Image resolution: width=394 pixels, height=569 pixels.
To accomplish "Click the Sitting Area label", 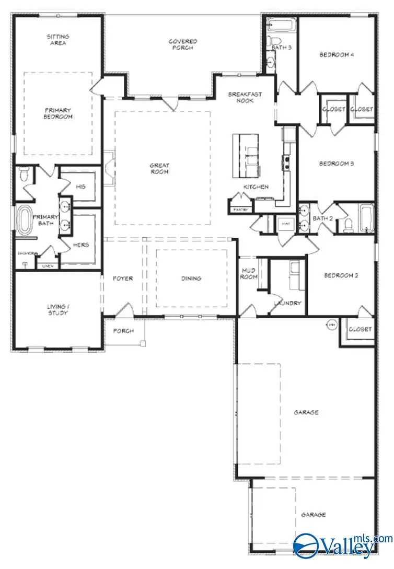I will (58, 40).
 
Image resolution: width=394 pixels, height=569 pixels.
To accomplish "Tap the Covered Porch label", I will (182, 44).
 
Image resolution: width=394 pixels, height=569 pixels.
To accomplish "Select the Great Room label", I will (160, 169).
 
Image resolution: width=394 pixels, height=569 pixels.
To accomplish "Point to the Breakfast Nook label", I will (245, 97).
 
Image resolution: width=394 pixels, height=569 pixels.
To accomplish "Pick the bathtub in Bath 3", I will (282, 25).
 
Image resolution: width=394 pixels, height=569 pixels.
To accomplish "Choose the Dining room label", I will (191, 278).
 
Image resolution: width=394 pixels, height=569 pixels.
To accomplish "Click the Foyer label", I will (123, 278).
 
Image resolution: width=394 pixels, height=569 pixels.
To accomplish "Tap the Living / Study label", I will (57, 309).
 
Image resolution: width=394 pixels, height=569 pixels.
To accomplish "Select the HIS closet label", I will (80, 187).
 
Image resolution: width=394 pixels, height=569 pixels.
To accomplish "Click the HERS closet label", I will (80, 245).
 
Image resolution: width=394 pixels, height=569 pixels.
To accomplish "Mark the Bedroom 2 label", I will (340, 275).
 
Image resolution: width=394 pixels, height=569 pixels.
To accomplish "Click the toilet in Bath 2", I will (349, 225).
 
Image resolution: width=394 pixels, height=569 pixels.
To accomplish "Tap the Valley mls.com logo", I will (342, 545).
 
